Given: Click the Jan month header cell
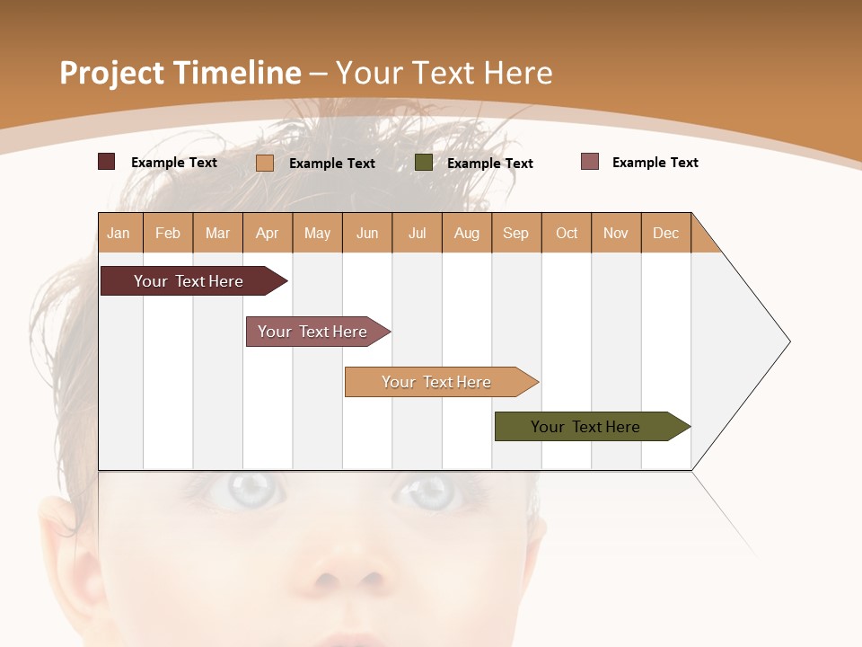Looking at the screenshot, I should (x=119, y=233).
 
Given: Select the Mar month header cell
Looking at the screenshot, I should (x=217, y=233).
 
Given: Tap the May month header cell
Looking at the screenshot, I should (x=317, y=233).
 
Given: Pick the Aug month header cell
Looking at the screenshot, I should (x=466, y=233).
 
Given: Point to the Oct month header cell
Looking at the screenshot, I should (x=566, y=233).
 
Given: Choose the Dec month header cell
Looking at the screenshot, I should (x=665, y=233).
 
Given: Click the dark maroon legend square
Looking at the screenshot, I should (x=106, y=162).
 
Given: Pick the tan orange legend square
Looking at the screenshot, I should (x=264, y=163).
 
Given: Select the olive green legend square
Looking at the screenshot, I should (x=423, y=163).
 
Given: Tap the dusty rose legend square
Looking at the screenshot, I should (x=589, y=162).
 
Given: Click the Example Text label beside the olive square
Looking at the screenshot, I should (x=489, y=164).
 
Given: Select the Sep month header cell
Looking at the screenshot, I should (x=515, y=233).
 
